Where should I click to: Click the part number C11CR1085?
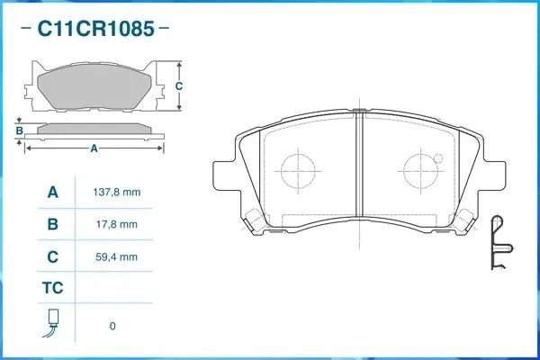pos(95,28)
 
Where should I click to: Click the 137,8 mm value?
pos(117,192)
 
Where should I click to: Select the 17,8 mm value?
pos(117,224)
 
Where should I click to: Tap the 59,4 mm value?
pos(117,256)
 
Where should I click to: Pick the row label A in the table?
pos(53,192)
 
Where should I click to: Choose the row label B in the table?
pos(53,224)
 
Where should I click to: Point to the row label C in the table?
pos(53,256)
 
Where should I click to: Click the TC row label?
pos(53,288)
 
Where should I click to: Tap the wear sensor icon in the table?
pos(52,323)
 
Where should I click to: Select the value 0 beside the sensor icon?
pos(112,326)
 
